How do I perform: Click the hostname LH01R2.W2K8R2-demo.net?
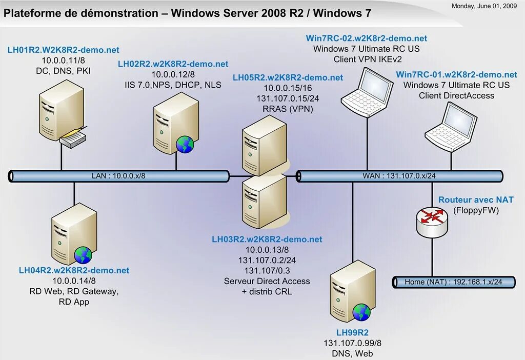[63, 50]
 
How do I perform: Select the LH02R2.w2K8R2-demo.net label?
[173, 64]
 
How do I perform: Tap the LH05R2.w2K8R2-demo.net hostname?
[288, 77]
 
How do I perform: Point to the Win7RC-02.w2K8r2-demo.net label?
[366, 38]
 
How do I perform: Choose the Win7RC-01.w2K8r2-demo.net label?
[456, 75]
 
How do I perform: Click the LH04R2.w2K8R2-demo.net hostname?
[74, 270]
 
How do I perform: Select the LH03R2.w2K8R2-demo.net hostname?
[267, 239]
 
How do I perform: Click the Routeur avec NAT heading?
[476, 200]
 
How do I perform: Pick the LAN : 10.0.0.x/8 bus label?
[118, 176]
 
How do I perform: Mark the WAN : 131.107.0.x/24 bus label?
[399, 176]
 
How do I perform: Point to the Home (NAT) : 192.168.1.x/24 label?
[453, 282]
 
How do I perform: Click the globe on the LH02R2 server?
[185, 145]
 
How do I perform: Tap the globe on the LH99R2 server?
[361, 312]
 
